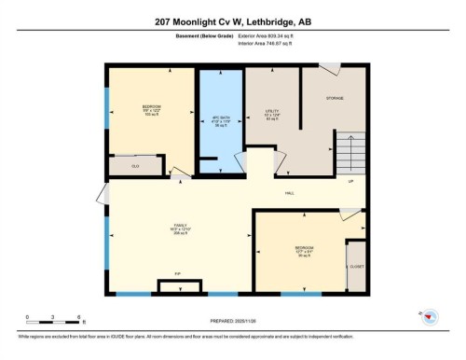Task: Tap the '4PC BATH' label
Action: pyautogui.click(x=220, y=118)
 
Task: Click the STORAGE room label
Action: pyautogui.click(x=335, y=98)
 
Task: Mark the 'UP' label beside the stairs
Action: pyautogui.click(x=349, y=182)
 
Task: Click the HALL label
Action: pyautogui.click(x=290, y=193)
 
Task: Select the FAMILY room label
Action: pyautogui.click(x=179, y=227)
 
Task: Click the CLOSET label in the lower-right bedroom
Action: pyautogui.click(x=356, y=266)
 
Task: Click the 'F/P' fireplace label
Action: pyautogui.click(x=177, y=274)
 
